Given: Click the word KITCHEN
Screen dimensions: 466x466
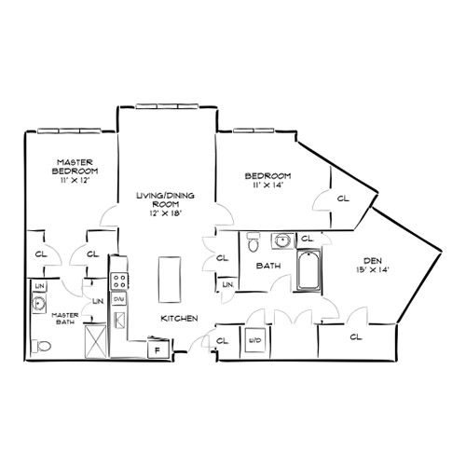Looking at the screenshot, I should point(178,319).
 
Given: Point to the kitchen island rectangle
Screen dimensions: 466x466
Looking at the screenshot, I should point(169,279).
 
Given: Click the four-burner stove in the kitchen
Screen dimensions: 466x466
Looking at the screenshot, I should point(118,279).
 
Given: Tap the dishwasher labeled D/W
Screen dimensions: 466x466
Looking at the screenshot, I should point(118,299).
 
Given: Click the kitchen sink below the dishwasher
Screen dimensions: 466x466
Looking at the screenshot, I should point(119,321).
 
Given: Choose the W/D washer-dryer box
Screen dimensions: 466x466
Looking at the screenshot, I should point(254,340).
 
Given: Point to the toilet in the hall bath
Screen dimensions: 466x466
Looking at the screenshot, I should point(253,245).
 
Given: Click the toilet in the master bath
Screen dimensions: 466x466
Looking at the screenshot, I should point(40,346).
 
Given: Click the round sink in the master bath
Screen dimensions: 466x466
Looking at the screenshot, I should point(40,303).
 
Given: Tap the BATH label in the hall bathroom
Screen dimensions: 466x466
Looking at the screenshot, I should point(267,266).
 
